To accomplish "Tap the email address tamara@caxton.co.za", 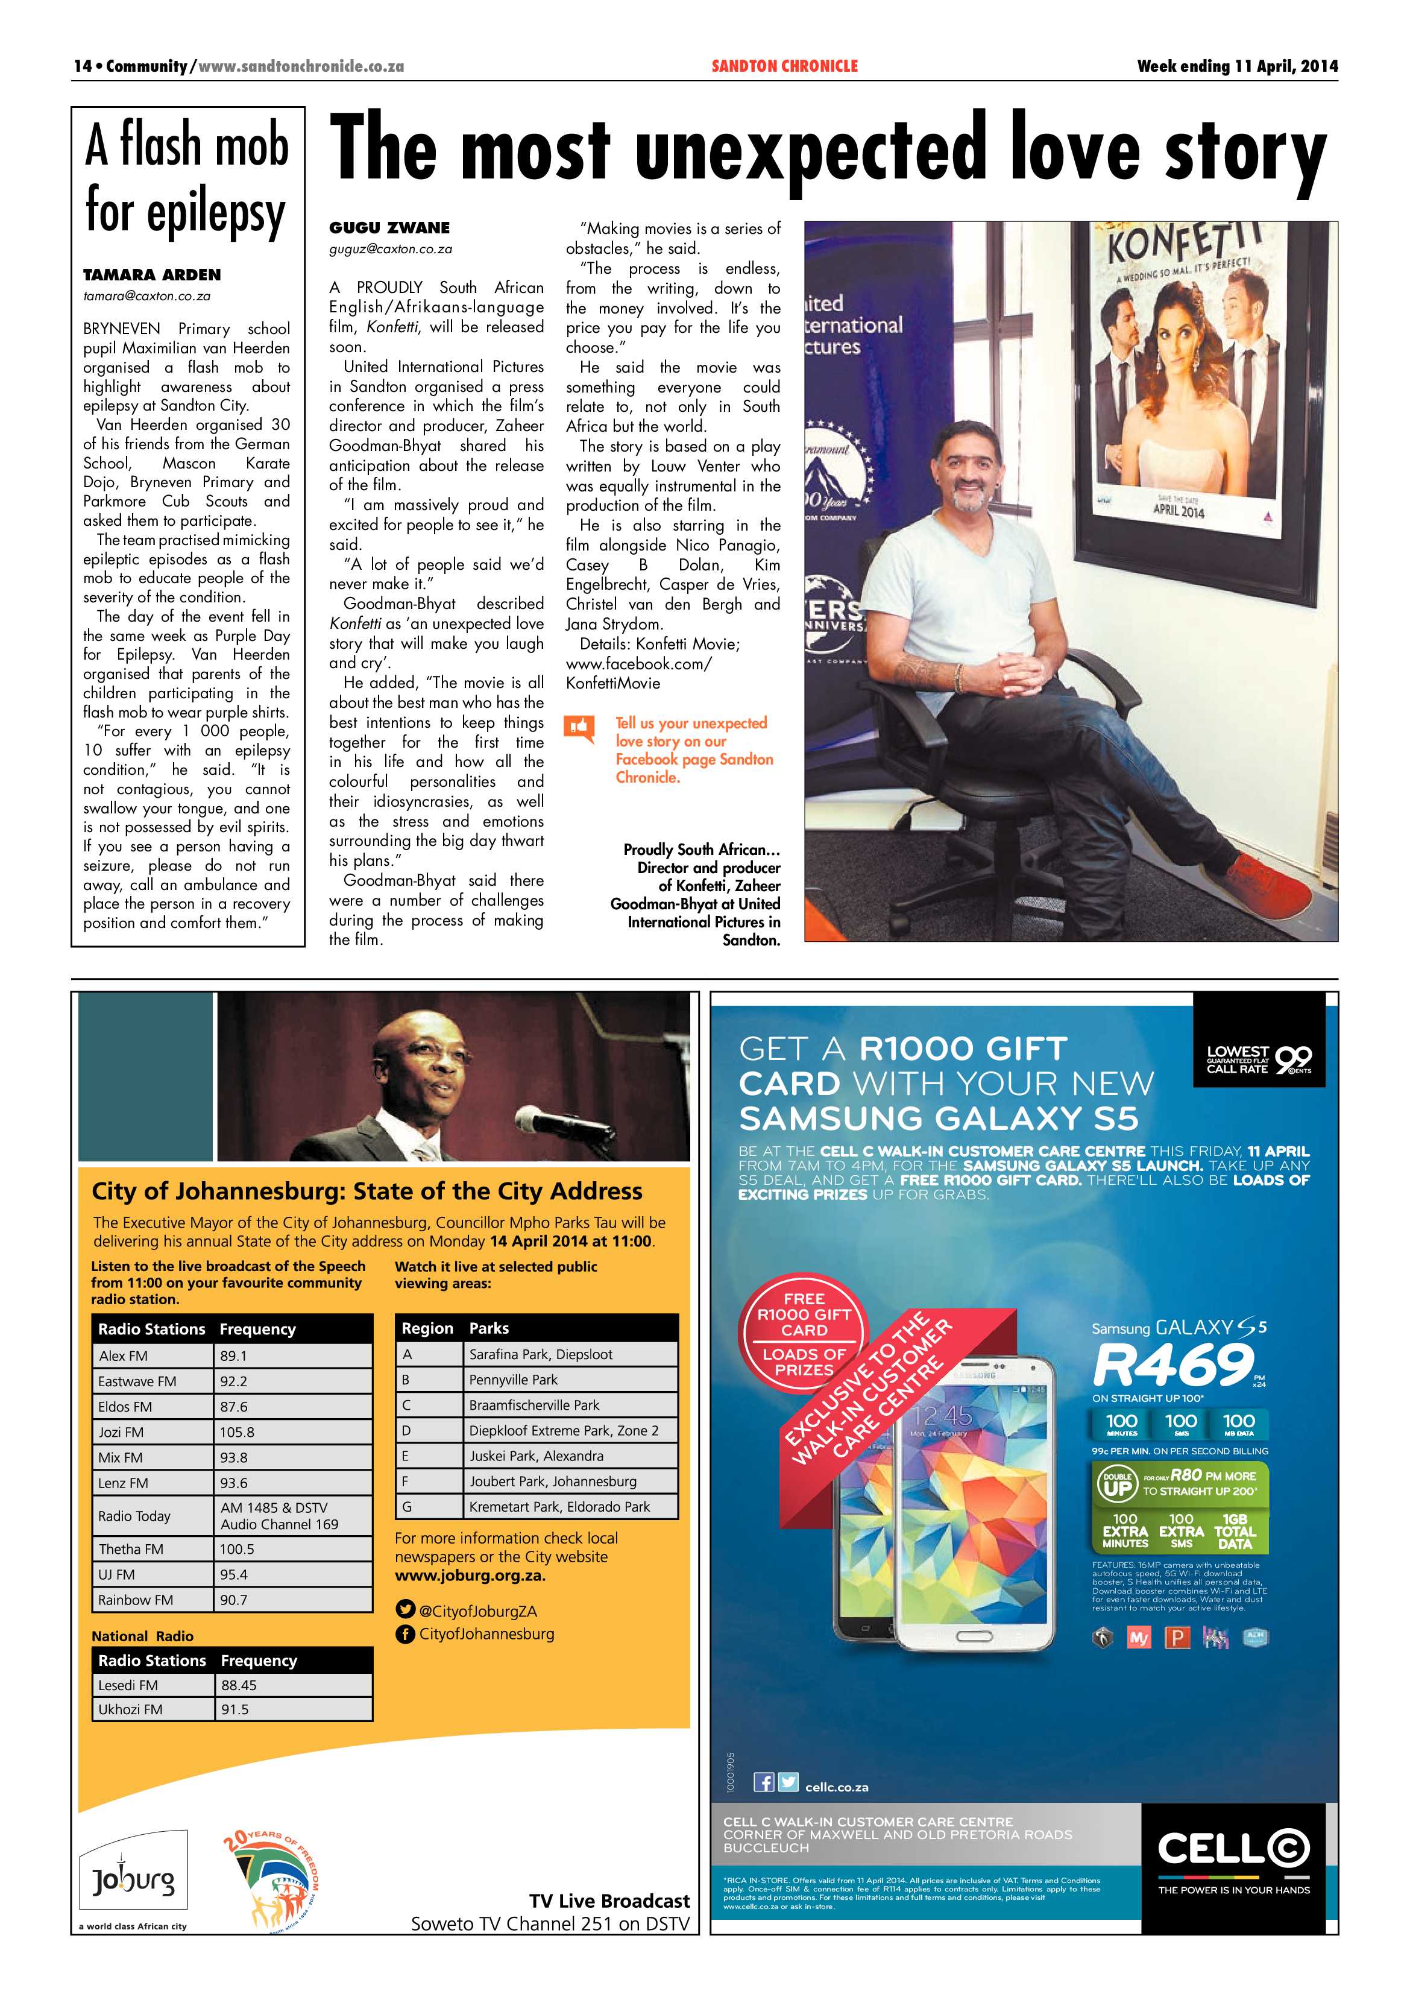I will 146,296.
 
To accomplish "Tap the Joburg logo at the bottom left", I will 133,1879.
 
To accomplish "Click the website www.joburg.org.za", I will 470,1576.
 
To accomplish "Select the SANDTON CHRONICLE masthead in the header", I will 784,66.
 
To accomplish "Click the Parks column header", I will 489,1328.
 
